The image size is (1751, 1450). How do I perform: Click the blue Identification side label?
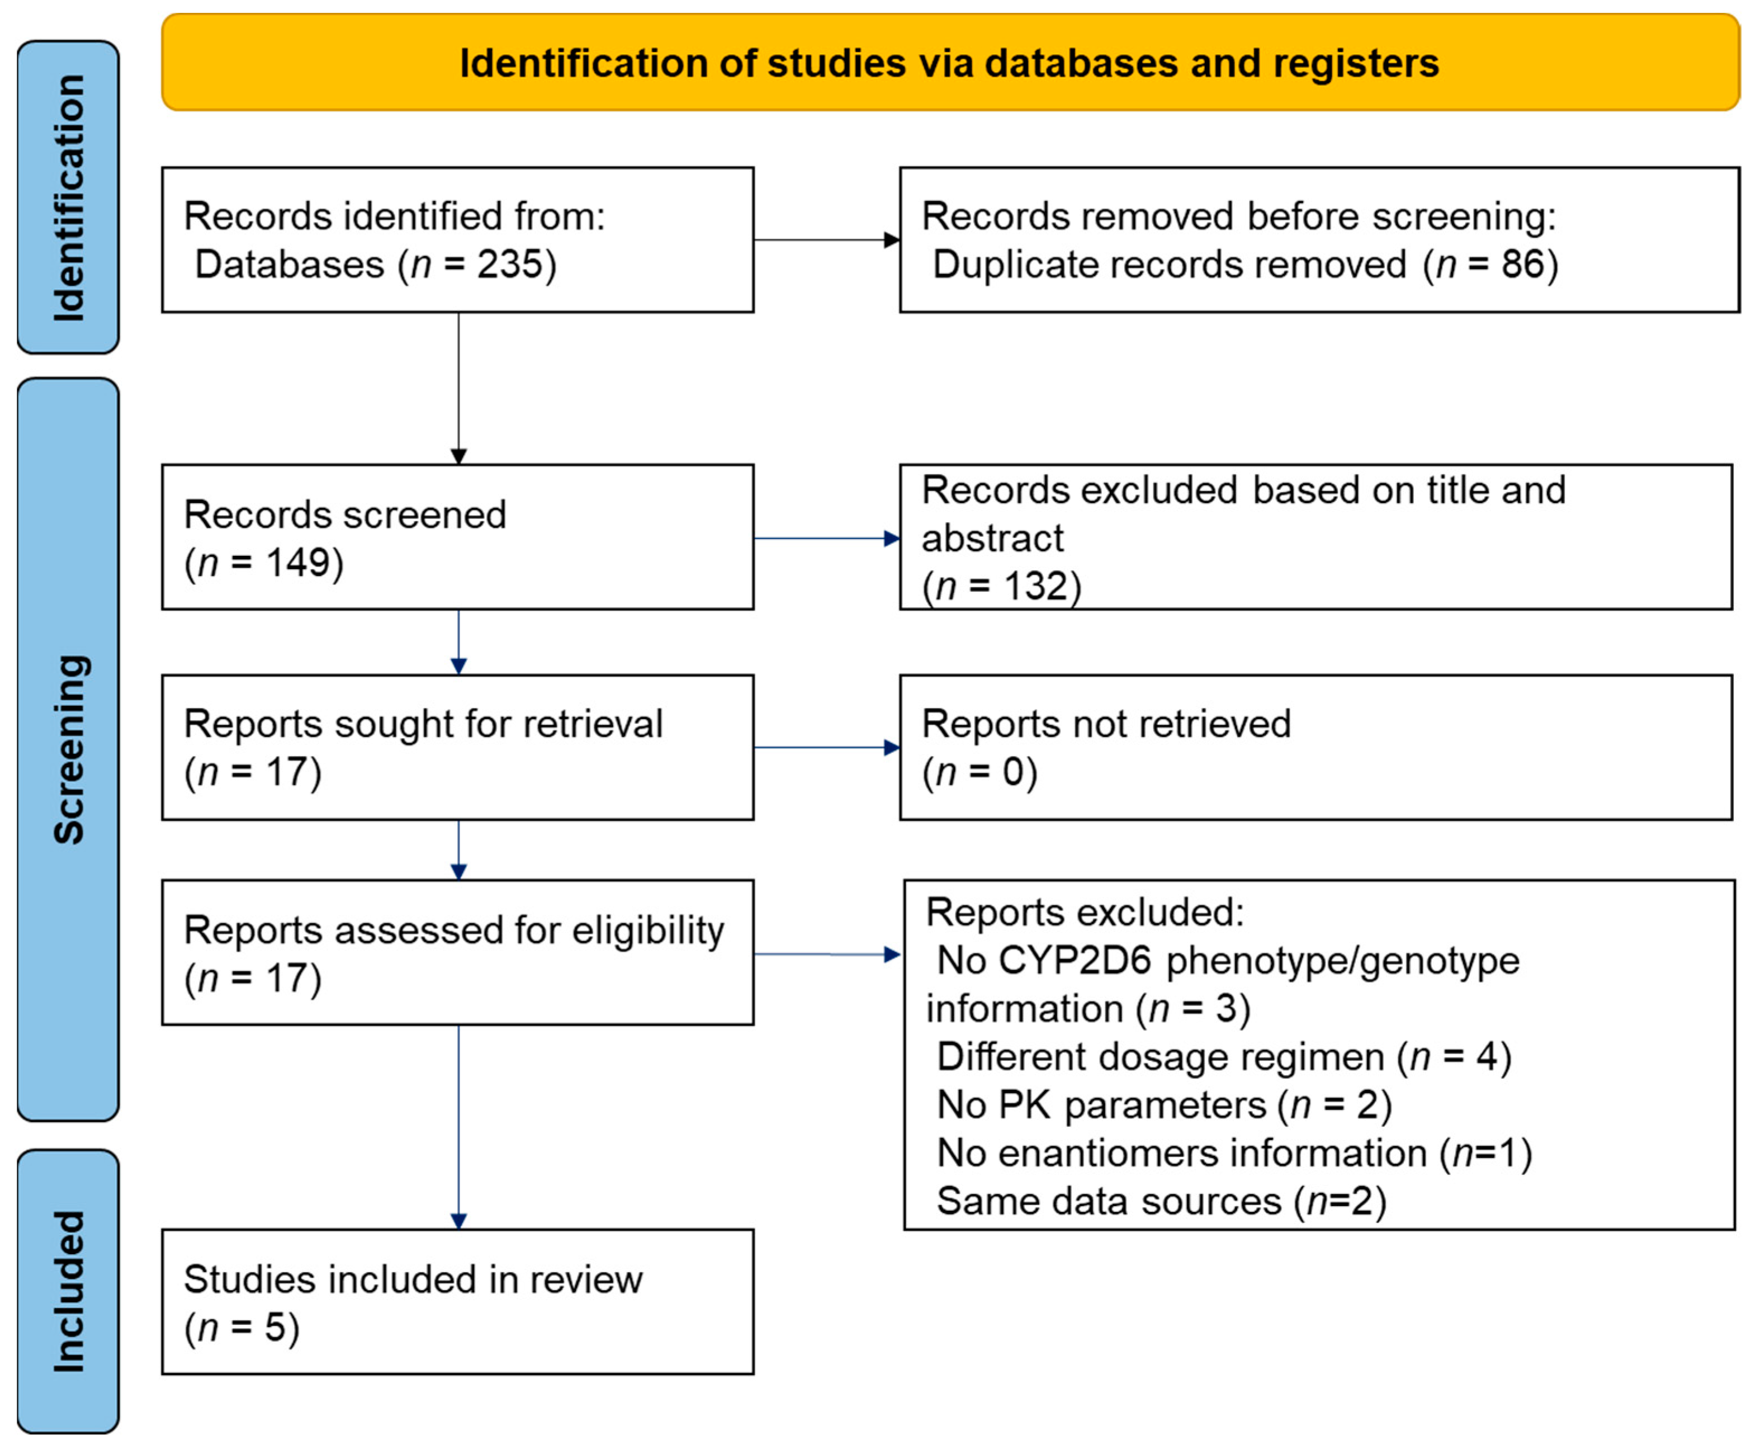68,197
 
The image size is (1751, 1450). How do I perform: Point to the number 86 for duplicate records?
1522,265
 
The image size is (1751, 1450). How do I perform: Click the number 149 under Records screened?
297,563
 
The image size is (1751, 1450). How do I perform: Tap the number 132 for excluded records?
1035,586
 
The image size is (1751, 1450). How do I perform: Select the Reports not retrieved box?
1315,747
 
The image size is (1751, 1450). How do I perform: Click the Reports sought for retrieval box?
458,747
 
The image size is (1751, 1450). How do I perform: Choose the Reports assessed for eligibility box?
458,952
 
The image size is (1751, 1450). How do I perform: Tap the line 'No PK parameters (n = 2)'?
1164,1106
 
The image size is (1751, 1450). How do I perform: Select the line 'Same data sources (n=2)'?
1161,1202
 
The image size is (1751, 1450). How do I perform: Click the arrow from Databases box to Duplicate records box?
826,240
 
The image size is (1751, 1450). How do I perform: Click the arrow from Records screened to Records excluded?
826,539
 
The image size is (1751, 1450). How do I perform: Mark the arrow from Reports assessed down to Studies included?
458,1126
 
